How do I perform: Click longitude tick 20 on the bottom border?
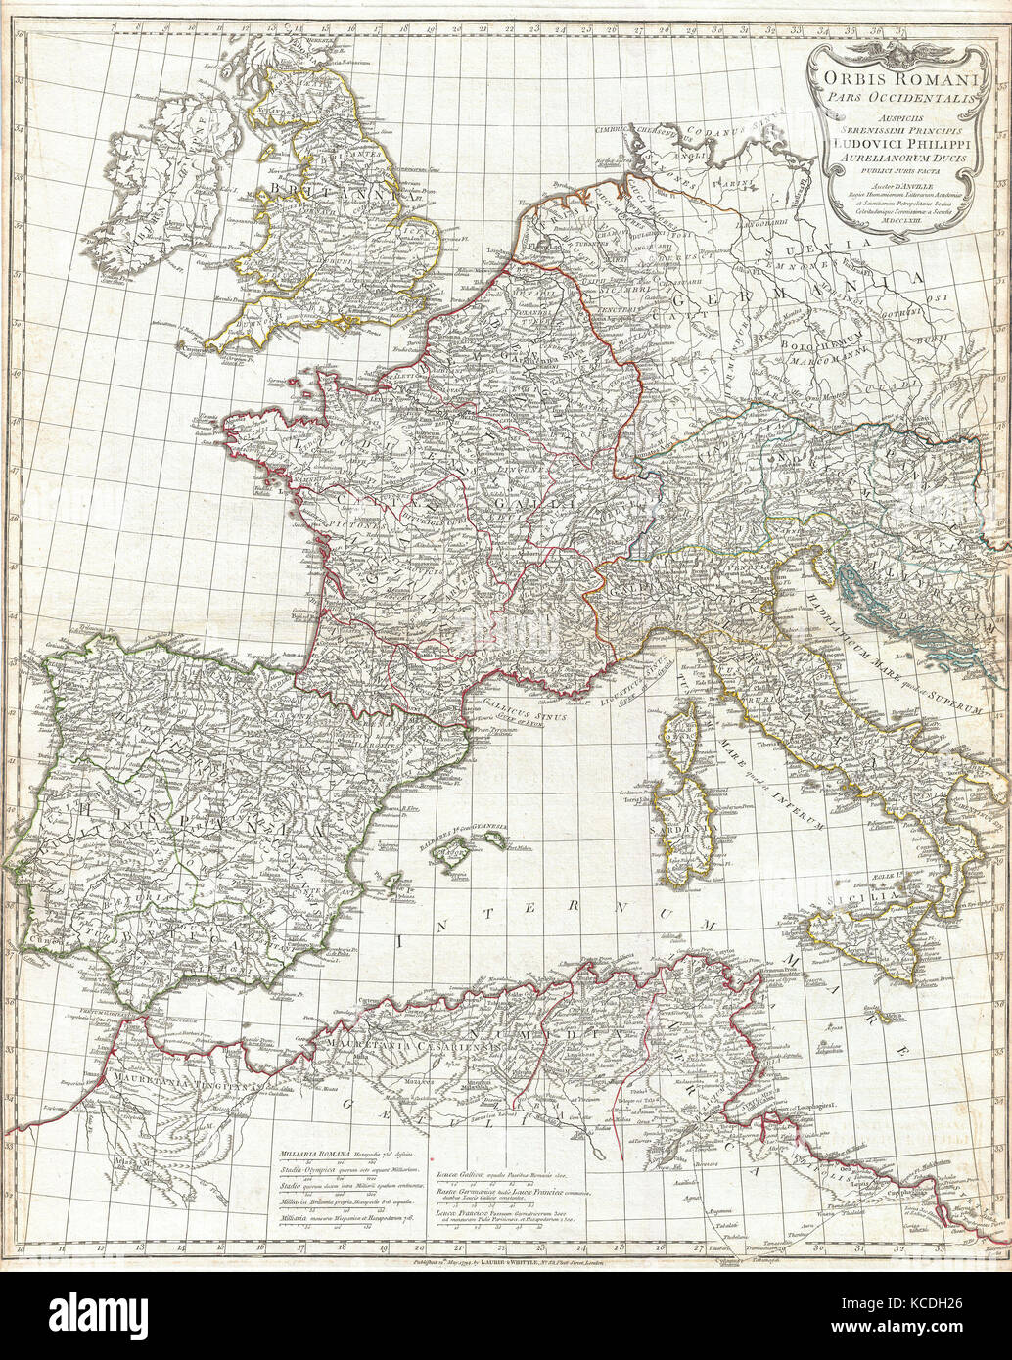[419, 1248]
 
